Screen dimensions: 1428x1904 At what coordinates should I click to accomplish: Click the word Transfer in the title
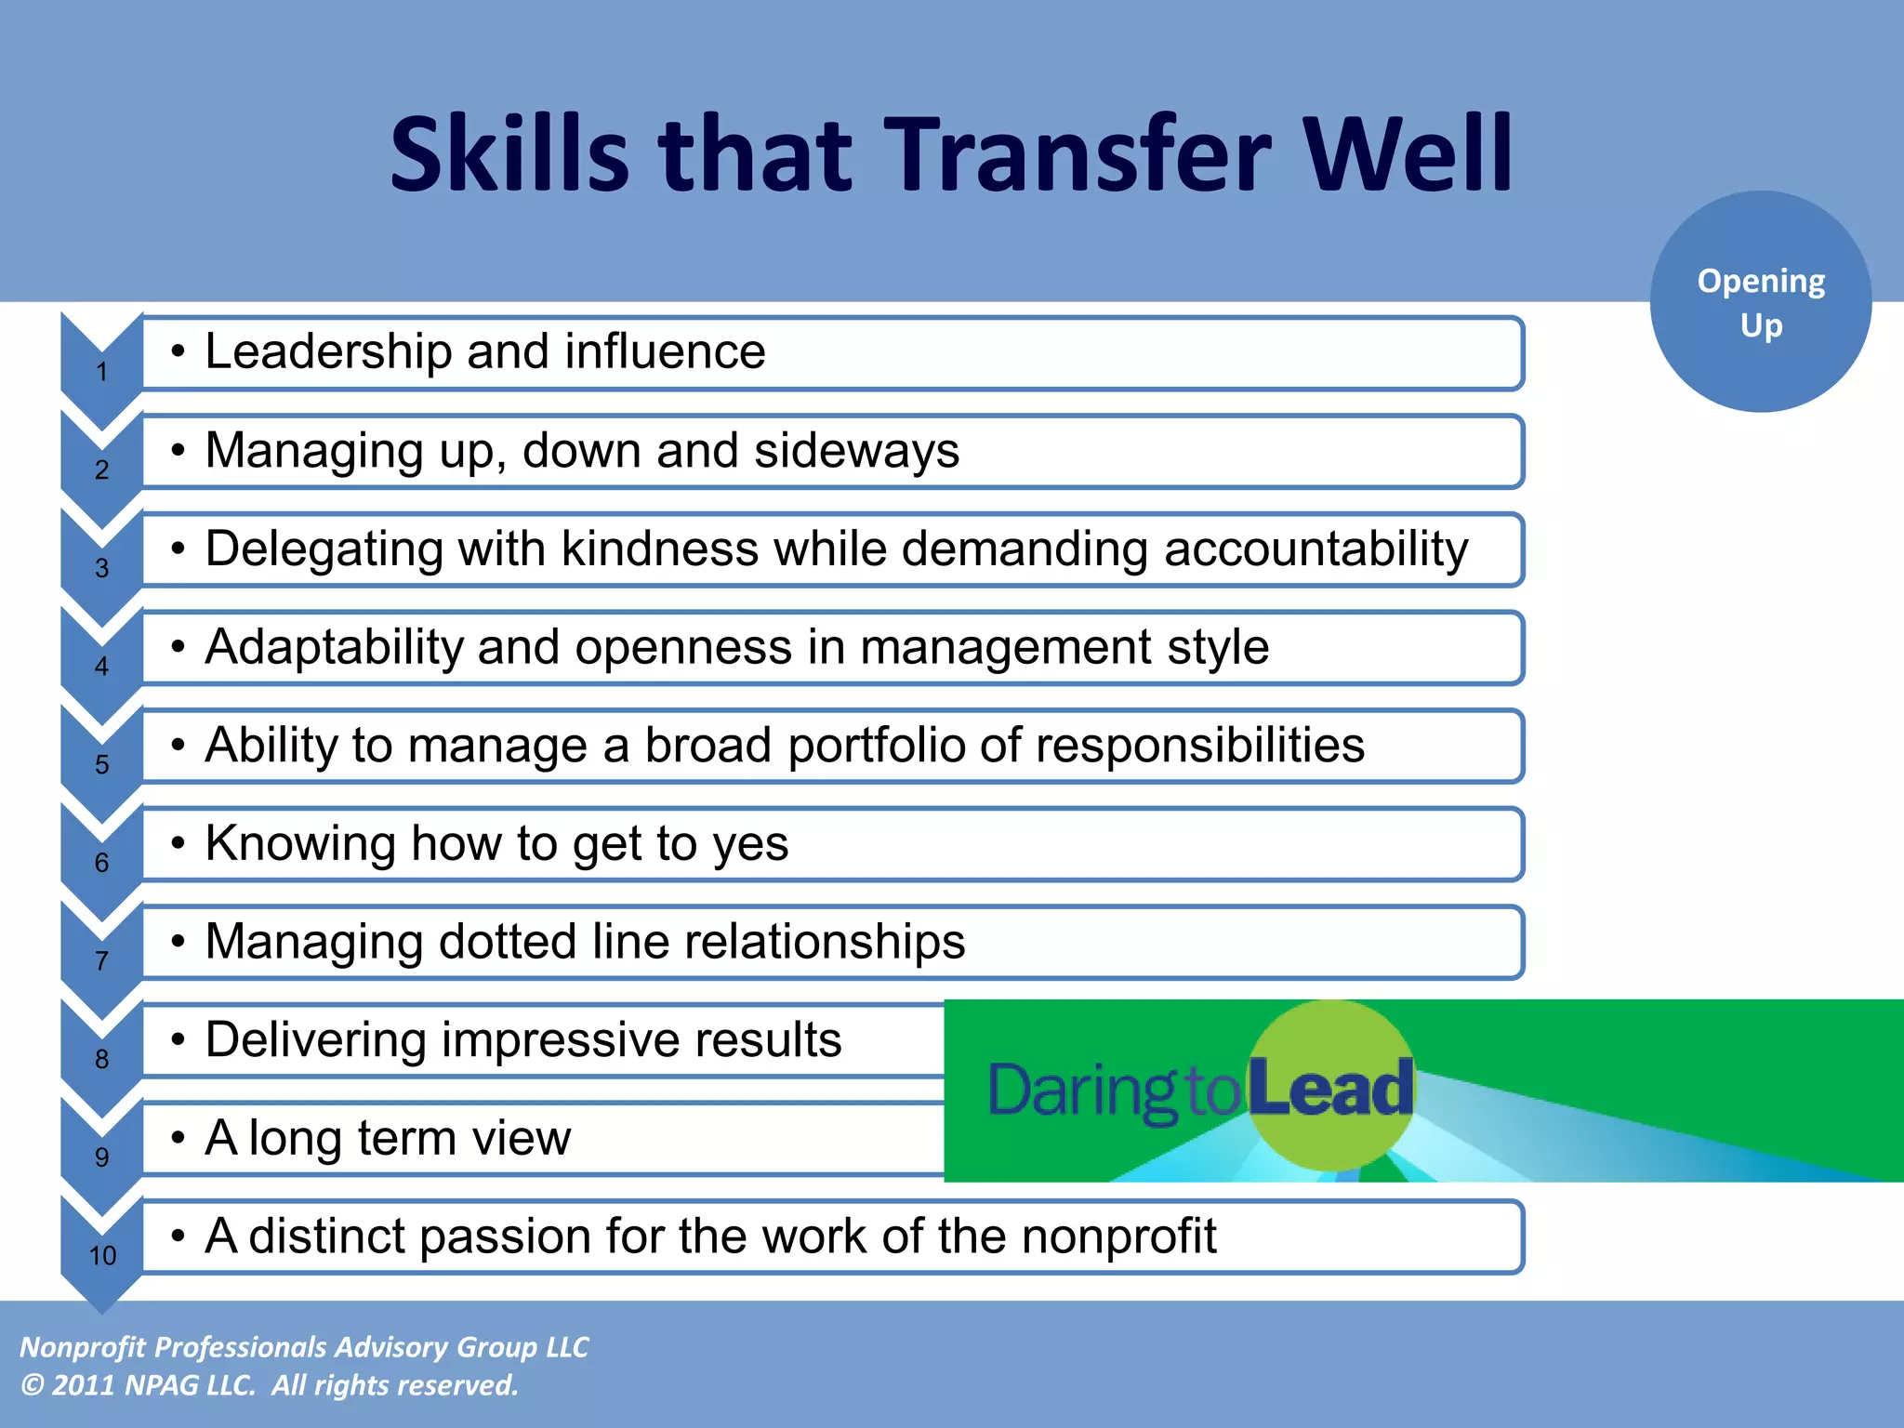[x=1082, y=153]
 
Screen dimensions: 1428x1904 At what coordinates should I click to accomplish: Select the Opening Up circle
[x=1761, y=302]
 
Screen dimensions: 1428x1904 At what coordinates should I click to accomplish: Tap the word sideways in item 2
[x=856, y=451]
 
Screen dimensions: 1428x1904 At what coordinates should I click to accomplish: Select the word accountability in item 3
[x=1316, y=549]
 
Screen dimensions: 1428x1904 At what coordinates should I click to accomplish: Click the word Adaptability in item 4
[x=334, y=647]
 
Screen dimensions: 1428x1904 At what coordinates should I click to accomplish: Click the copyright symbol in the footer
[x=32, y=1385]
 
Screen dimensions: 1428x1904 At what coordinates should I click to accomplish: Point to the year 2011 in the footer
[x=84, y=1385]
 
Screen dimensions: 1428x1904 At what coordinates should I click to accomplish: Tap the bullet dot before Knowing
[x=178, y=843]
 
